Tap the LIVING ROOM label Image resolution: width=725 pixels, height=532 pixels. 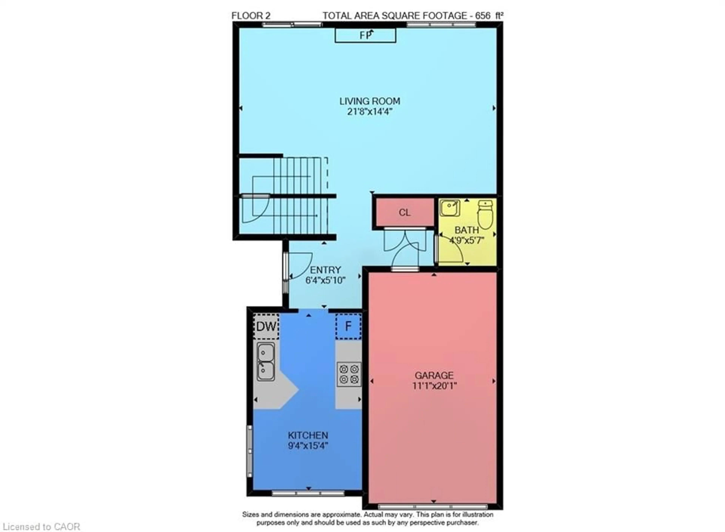[370, 101]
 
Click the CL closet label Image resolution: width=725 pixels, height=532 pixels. [404, 213]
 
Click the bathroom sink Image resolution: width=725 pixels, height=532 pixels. [450, 208]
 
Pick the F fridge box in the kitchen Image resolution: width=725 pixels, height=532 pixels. [348, 326]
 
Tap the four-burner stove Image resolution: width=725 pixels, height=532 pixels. [349, 374]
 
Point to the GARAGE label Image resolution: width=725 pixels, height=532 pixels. [434, 375]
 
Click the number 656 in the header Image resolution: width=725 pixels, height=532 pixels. [483, 15]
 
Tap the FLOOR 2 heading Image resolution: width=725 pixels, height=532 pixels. [251, 15]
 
